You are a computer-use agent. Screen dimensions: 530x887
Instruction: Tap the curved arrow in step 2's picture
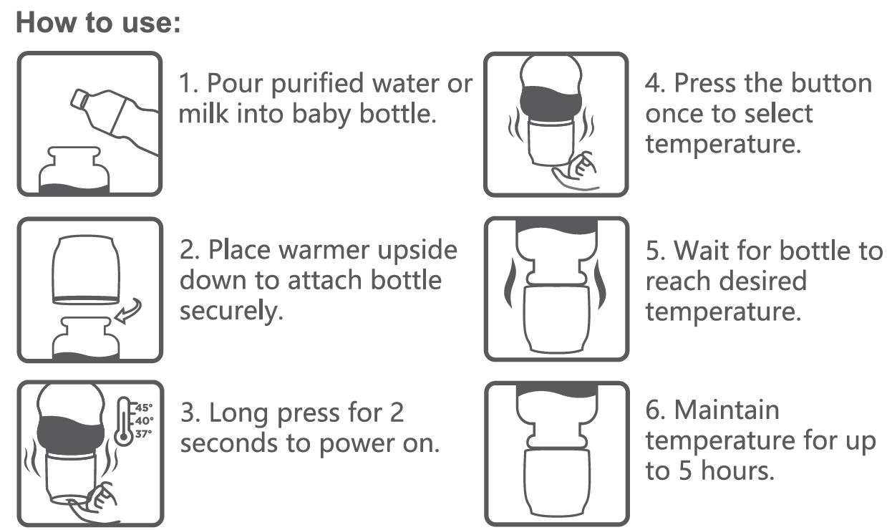tap(130, 313)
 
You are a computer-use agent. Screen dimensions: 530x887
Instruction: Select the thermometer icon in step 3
tap(125, 423)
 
